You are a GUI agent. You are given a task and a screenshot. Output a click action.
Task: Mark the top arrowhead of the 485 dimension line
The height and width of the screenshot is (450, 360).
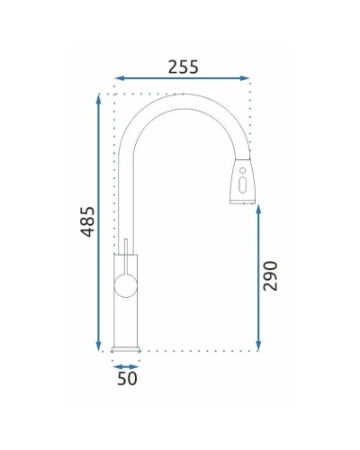point(97,96)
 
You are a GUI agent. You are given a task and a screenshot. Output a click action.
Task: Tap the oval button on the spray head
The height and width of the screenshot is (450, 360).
point(243,187)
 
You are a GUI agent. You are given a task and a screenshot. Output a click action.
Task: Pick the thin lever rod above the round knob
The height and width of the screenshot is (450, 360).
point(127,247)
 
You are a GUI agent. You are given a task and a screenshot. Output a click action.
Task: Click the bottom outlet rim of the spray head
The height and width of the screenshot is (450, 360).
point(243,202)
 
